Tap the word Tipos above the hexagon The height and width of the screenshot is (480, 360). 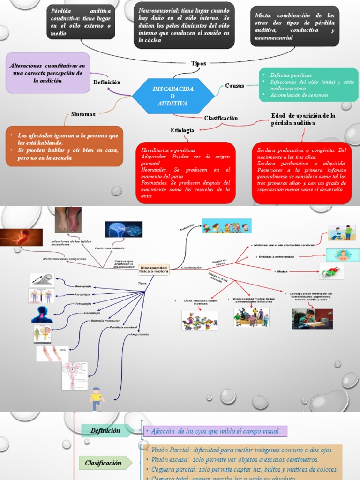[x=199, y=63]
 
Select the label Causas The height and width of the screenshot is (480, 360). [x=234, y=86]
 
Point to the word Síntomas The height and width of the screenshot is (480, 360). [x=83, y=114]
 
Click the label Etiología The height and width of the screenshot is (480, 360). [x=182, y=130]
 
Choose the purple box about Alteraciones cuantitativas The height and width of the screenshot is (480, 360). [x=47, y=73]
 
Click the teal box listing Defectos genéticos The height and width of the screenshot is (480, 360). [x=308, y=84]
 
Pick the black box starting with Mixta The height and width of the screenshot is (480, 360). [x=294, y=26]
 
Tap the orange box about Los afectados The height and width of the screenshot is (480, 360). [x=64, y=146]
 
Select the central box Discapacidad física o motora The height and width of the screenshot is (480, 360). [x=153, y=269]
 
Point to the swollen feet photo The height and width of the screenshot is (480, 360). [x=68, y=220]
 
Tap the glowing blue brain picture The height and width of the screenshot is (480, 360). [x=123, y=229]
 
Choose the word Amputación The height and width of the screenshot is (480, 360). [x=140, y=334]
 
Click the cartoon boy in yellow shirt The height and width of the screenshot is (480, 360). [x=97, y=398]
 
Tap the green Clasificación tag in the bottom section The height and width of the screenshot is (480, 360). [x=103, y=463]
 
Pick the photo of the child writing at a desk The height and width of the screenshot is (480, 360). [x=312, y=319]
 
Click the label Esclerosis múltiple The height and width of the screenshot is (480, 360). [x=110, y=247]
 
